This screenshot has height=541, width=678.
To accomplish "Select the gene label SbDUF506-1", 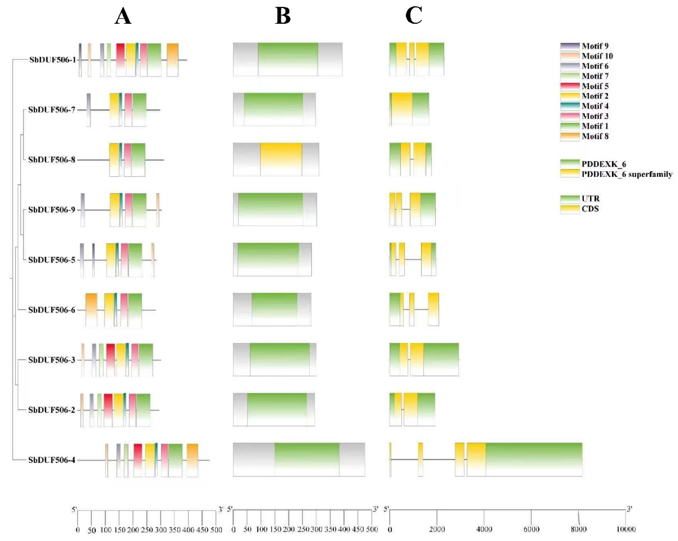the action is [x=52, y=60].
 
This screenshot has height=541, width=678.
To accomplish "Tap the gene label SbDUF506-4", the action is [x=52, y=460].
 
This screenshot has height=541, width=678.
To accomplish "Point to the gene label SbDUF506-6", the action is [x=52, y=310].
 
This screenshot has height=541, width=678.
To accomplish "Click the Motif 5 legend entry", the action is [x=584, y=86].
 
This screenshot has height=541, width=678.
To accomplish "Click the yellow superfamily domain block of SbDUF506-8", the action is [x=281, y=159].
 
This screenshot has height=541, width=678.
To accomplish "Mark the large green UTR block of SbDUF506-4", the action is [x=534, y=460].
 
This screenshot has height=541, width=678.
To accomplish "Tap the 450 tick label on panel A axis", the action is [x=202, y=530].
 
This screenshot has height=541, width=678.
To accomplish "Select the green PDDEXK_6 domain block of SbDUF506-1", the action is [x=288, y=59].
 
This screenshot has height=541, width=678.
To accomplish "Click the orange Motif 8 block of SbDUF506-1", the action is [x=172, y=60].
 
